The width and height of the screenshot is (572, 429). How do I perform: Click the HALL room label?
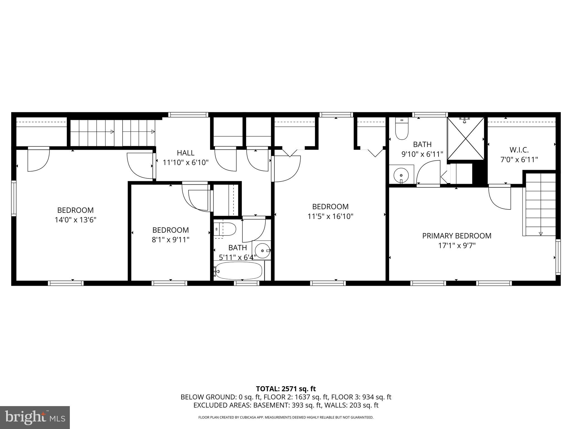[x=185, y=153]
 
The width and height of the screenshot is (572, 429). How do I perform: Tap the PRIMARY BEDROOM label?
[x=457, y=236]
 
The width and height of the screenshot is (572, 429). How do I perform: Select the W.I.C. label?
[x=519, y=150]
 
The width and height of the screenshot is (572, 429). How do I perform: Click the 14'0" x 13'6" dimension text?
[x=75, y=220]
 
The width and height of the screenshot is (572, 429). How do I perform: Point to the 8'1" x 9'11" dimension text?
[x=170, y=240]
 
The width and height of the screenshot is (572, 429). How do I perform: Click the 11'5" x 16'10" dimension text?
[x=330, y=216]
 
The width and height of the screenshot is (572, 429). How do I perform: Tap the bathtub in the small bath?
[x=239, y=271]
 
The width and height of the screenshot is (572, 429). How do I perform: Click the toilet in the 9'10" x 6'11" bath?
[x=402, y=129]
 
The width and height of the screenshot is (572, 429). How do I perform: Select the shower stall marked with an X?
[x=466, y=139]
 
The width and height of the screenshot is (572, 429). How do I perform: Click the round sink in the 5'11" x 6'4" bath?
[x=263, y=251]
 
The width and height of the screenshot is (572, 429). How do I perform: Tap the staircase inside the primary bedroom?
[x=540, y=204]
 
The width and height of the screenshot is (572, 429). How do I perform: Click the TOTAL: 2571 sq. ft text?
[x=286, y=389]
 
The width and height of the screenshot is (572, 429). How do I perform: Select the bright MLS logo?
[x=35, y=417]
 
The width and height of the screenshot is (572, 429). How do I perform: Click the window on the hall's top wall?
[x=188, y=115]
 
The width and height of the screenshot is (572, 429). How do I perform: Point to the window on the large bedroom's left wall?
[x=13, y=198]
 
